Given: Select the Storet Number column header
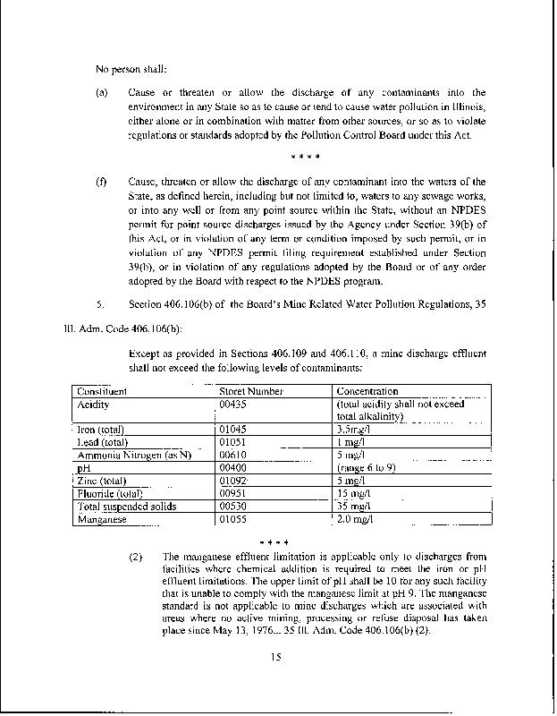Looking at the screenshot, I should tap(251, 391).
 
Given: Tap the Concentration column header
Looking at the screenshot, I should tap(367, 391).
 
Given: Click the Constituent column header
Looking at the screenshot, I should tap(101, 391).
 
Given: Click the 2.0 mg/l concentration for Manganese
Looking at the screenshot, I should tap(359, 519).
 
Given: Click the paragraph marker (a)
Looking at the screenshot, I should tap(102, 92).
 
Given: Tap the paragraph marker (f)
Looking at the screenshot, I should tap(101, 182).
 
